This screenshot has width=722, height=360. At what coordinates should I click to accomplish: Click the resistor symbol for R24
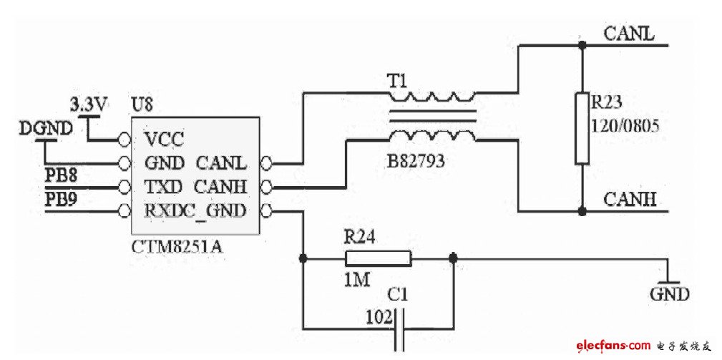[x=378, y=258]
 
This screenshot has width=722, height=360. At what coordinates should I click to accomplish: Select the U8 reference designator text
[x=142, y=105]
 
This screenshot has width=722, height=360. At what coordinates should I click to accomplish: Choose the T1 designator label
[x=397, y=82]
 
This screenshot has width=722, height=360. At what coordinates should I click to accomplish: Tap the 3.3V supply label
[x=89, y=104]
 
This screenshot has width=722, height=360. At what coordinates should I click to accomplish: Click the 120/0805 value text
[x=624, y=126]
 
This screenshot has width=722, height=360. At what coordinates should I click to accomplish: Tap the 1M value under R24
[x=356, y=281]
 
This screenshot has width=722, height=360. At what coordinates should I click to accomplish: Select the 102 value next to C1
[x=378, y=315]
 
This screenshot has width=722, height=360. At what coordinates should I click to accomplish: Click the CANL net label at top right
[x=628, y=34]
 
